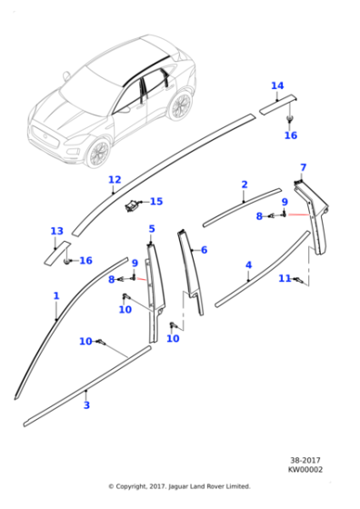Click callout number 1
(55, 295)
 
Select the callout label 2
(244, 185)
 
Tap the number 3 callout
(86, 404)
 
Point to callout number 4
(248, 265)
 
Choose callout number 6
(204, 250)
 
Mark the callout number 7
(303, 167)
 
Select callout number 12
(114, 179)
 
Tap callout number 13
(56, 231)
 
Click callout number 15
(156, 201)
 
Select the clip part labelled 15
(133, 206)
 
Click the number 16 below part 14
(290, 135)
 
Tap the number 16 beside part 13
(85, 261)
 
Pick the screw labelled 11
(298, 280)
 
